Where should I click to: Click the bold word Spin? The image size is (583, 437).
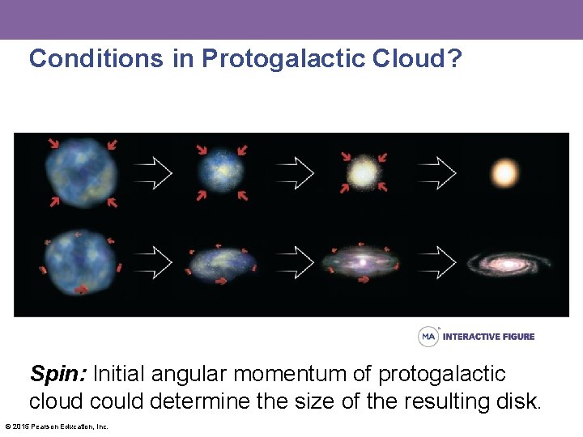(59, 374)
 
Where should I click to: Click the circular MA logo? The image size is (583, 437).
(428, 336)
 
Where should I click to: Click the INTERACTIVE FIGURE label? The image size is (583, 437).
(488, 337)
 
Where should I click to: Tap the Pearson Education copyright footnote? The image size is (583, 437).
(57, 426)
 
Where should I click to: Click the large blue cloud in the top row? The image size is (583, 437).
(82, 172)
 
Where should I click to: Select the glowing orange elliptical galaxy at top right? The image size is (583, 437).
(504, 172)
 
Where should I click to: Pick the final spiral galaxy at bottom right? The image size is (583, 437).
(509, 263)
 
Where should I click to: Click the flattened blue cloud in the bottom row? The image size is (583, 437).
(222, 262)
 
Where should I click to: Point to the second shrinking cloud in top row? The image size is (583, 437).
(220, 172)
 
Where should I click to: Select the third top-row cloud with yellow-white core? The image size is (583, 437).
(363, 172)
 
